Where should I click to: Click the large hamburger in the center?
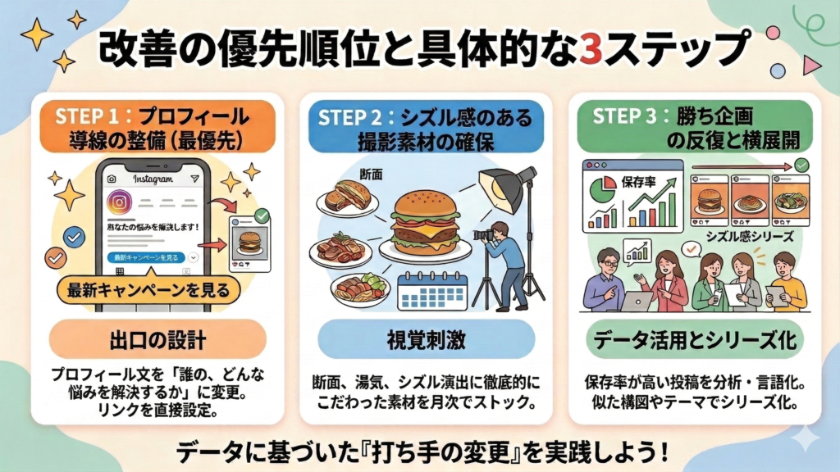424,222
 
